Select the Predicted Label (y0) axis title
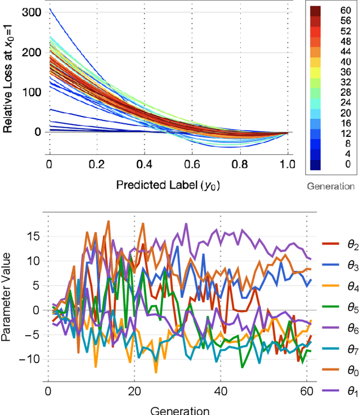168,184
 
